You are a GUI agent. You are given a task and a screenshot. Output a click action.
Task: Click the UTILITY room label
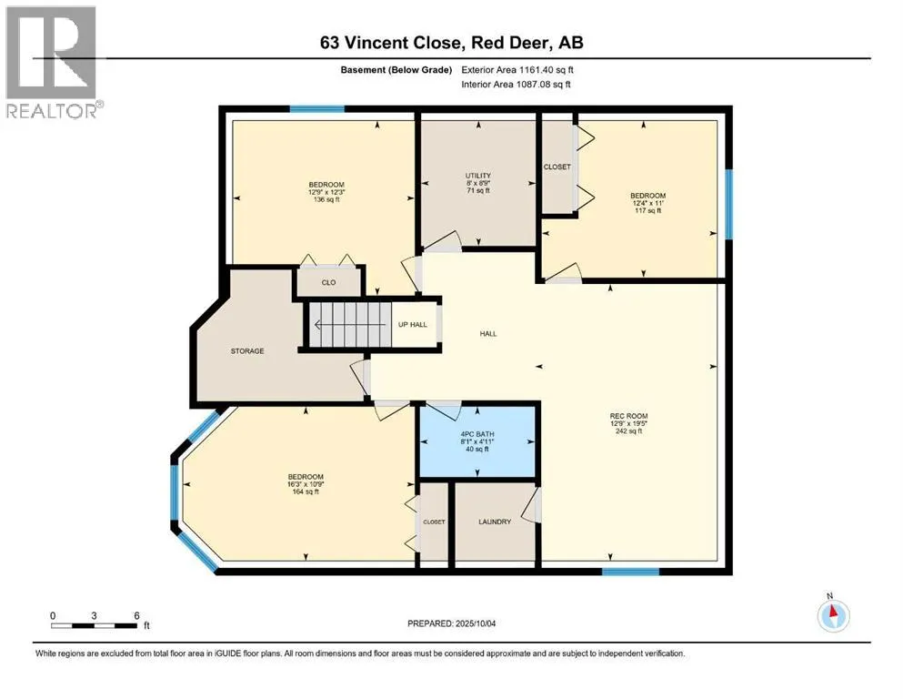point(478,176)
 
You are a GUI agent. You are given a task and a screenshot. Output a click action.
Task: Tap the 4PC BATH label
point(477,434)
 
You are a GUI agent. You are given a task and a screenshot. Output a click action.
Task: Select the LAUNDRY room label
point(495,522)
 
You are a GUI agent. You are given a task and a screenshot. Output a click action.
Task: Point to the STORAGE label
point(247,351)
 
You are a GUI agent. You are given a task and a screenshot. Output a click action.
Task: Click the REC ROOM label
point(629,416)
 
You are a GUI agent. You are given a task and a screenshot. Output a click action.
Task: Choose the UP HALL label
point(413,324)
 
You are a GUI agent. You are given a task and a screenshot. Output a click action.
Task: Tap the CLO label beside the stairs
point(329,282)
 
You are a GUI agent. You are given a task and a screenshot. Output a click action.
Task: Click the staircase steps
point(350,325)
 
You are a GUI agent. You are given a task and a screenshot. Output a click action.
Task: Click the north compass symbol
point(833,615)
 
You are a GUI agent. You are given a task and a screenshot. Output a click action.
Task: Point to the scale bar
point(95,625)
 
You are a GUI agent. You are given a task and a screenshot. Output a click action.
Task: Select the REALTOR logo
point(53,62)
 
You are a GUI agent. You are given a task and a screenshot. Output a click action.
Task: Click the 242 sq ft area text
point(629,431)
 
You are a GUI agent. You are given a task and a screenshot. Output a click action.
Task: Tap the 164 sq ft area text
point(306,491)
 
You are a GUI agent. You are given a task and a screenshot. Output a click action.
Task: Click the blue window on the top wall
point(316,109)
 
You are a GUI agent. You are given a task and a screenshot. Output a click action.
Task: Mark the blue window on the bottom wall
point(630,572)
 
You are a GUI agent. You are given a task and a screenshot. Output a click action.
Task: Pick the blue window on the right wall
point(728,204)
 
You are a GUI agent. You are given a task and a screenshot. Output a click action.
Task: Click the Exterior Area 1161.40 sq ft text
point(517,70)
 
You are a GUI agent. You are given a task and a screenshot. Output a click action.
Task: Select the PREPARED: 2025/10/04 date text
point(451,623)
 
